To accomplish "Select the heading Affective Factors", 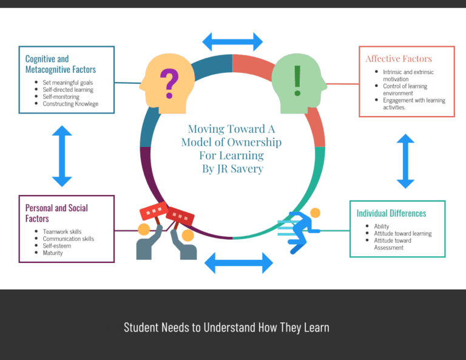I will tap(399, 59).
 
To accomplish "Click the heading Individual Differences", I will tap(391, 213).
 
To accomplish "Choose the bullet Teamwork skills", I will tap(62, 232).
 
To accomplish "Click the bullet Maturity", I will tap(53, 253).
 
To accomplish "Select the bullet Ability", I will tap(382, 226).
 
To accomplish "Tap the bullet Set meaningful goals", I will tap(68, 83).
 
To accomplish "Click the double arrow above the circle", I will tap(232, 41).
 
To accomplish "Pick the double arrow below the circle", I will tap(238, 263).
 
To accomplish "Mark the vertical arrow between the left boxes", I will tap(62, 156).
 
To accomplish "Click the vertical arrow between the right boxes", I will tap(405, 161).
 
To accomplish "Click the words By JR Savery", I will tap(232, 169).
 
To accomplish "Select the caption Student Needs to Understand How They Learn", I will tap(226, 328).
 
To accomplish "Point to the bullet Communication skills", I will tap(69, 239).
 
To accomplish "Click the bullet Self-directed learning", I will tap(68, 90).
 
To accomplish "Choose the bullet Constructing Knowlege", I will tap(70, 104).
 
